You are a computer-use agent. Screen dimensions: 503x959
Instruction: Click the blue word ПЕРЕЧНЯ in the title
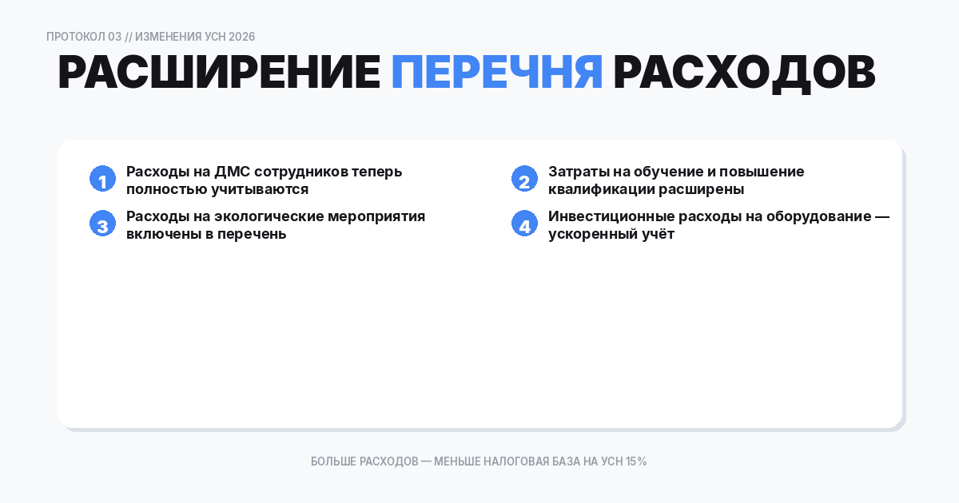496,73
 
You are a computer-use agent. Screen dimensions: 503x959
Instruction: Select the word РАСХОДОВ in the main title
744,73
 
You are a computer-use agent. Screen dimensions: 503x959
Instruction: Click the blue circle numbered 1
102,180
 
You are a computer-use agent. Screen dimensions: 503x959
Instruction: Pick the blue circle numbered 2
524,180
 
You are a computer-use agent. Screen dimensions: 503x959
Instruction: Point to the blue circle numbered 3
102,224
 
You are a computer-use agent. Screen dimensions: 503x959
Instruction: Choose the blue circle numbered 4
524,224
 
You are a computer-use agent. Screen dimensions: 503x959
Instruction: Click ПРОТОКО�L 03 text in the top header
84,37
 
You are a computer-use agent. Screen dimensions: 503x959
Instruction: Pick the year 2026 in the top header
241,37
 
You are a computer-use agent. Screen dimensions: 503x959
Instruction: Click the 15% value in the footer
636,461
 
